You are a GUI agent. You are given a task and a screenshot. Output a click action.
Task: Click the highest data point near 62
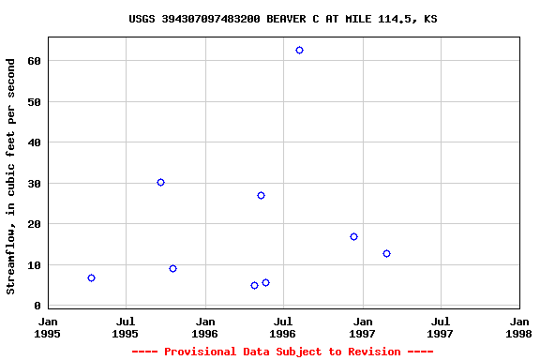point(299,50)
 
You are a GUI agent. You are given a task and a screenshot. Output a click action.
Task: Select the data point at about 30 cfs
point(160,182)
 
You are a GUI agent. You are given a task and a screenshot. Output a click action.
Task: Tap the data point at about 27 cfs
point(261,195)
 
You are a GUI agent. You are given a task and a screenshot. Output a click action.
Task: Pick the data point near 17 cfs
point(353,236)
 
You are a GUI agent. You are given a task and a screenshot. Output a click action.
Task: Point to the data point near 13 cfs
point(386,253)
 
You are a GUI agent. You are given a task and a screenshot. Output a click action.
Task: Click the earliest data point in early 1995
point(91,277)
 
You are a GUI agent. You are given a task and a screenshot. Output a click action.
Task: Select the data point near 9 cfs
point(172,268)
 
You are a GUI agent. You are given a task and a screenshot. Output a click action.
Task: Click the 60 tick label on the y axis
point(33,61)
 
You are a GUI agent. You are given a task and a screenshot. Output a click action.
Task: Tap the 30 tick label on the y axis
point(33,184)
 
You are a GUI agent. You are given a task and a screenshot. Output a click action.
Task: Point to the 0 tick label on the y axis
point(37,307)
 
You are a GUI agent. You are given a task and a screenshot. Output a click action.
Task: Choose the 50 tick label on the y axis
point(33,101)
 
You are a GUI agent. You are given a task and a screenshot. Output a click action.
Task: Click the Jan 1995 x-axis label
point(48,326)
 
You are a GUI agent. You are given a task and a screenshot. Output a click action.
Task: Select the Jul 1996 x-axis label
point(283,326)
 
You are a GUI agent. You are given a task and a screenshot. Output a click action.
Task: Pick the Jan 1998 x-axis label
point(518,326)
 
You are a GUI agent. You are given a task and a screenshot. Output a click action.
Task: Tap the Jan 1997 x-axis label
point(362,326)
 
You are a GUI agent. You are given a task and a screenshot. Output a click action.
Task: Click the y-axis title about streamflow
point(11,176)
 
